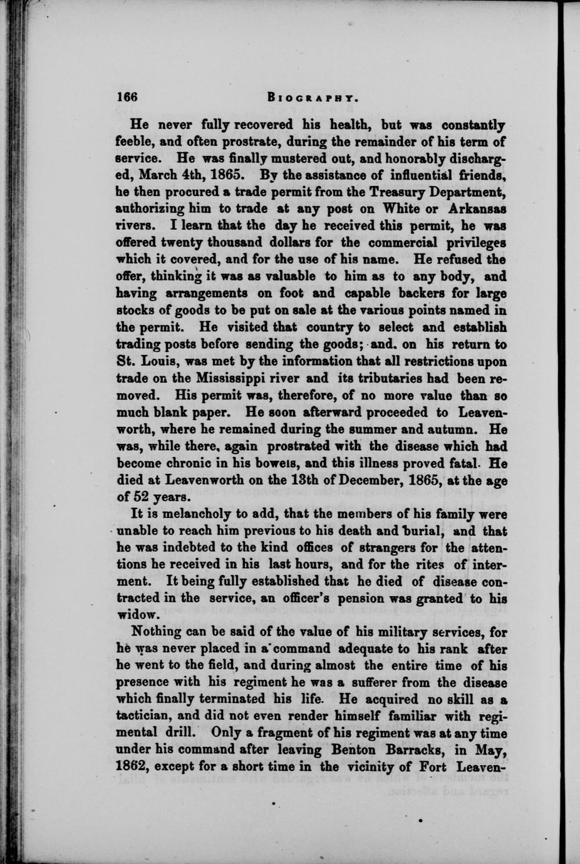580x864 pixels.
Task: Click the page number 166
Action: coord(127,97)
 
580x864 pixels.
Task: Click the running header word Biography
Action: coord(313,98)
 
